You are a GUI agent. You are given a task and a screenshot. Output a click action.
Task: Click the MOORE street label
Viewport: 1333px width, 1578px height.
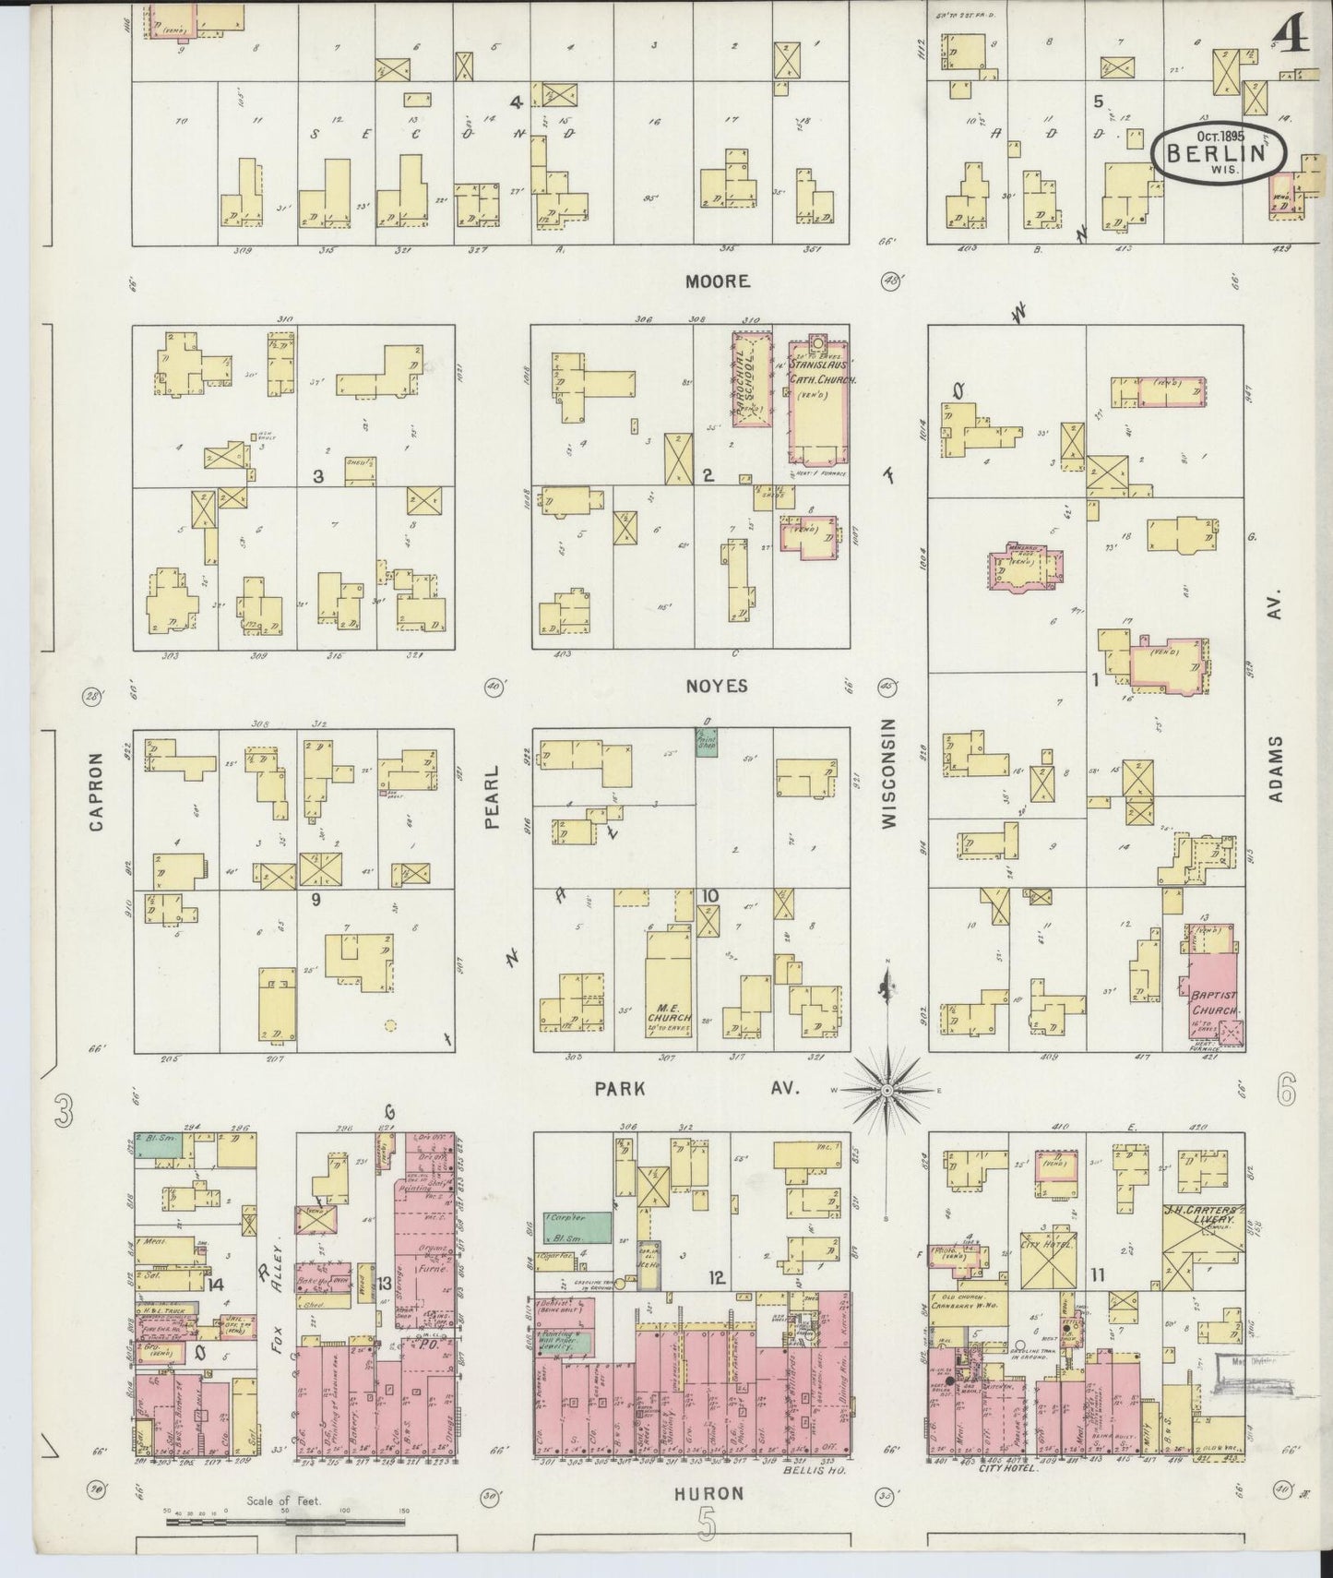(x=717, y=281)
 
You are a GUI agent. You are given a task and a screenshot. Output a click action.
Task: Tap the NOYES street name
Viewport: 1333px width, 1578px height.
(x=717, y=686)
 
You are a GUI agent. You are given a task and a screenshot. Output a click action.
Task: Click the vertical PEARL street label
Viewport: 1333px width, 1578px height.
(x=493, y=796)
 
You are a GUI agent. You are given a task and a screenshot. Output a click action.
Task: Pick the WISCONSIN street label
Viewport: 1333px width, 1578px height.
(x=888, y=773)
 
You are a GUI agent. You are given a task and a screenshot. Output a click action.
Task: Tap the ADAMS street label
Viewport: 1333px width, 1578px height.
(x=1276, y=770)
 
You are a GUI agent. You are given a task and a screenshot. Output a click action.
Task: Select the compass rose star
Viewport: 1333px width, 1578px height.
(x=887, y=1090)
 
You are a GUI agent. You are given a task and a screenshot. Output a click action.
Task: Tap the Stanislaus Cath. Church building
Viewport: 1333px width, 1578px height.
(x=818, y=401)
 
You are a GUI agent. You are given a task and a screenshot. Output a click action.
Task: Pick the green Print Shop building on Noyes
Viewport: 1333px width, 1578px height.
(x=706, y=743)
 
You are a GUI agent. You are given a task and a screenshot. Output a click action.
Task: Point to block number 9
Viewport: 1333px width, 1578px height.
(x=315, y=899)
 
